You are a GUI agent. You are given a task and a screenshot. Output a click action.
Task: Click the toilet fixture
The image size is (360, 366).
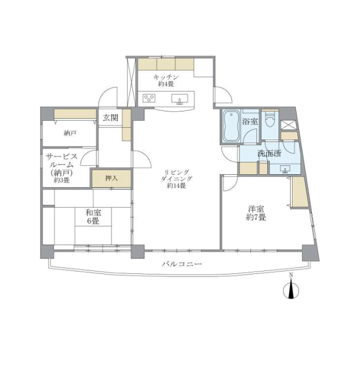click(270, 118)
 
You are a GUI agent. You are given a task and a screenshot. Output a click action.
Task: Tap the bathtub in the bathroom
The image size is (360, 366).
click(231, 126)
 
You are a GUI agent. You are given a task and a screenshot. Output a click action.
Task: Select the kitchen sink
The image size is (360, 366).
click(179, 99)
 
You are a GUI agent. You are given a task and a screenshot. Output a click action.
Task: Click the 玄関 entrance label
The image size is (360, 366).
click(111, 118)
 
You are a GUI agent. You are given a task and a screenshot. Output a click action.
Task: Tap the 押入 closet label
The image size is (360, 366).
click(111, 178)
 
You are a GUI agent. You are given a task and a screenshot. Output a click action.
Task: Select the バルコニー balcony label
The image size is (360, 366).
click(182, 264)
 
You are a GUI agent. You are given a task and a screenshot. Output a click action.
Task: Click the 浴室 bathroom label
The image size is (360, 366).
click(250, 121)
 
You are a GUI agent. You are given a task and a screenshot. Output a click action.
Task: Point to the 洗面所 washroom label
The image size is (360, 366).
click(269, 154)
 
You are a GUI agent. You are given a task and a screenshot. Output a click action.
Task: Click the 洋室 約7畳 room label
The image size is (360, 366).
click(256, 213)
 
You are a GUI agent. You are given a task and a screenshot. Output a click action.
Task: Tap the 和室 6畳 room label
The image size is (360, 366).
click(93, 216)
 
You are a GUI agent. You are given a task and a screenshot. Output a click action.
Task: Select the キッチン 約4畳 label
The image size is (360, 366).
click(166, 80)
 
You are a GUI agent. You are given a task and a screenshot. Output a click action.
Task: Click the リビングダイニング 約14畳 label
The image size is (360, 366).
click(176, 179)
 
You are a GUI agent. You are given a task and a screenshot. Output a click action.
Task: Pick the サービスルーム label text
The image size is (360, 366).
click(62, 160)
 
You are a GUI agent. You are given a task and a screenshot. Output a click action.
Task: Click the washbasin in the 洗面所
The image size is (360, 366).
click(285, 170)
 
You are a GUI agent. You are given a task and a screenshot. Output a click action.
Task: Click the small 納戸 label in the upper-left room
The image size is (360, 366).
click(70, 133)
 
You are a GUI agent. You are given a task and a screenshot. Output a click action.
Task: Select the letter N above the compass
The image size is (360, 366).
click(291, 275)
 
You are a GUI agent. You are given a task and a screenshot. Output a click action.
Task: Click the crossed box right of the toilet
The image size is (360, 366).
click(288, 125)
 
